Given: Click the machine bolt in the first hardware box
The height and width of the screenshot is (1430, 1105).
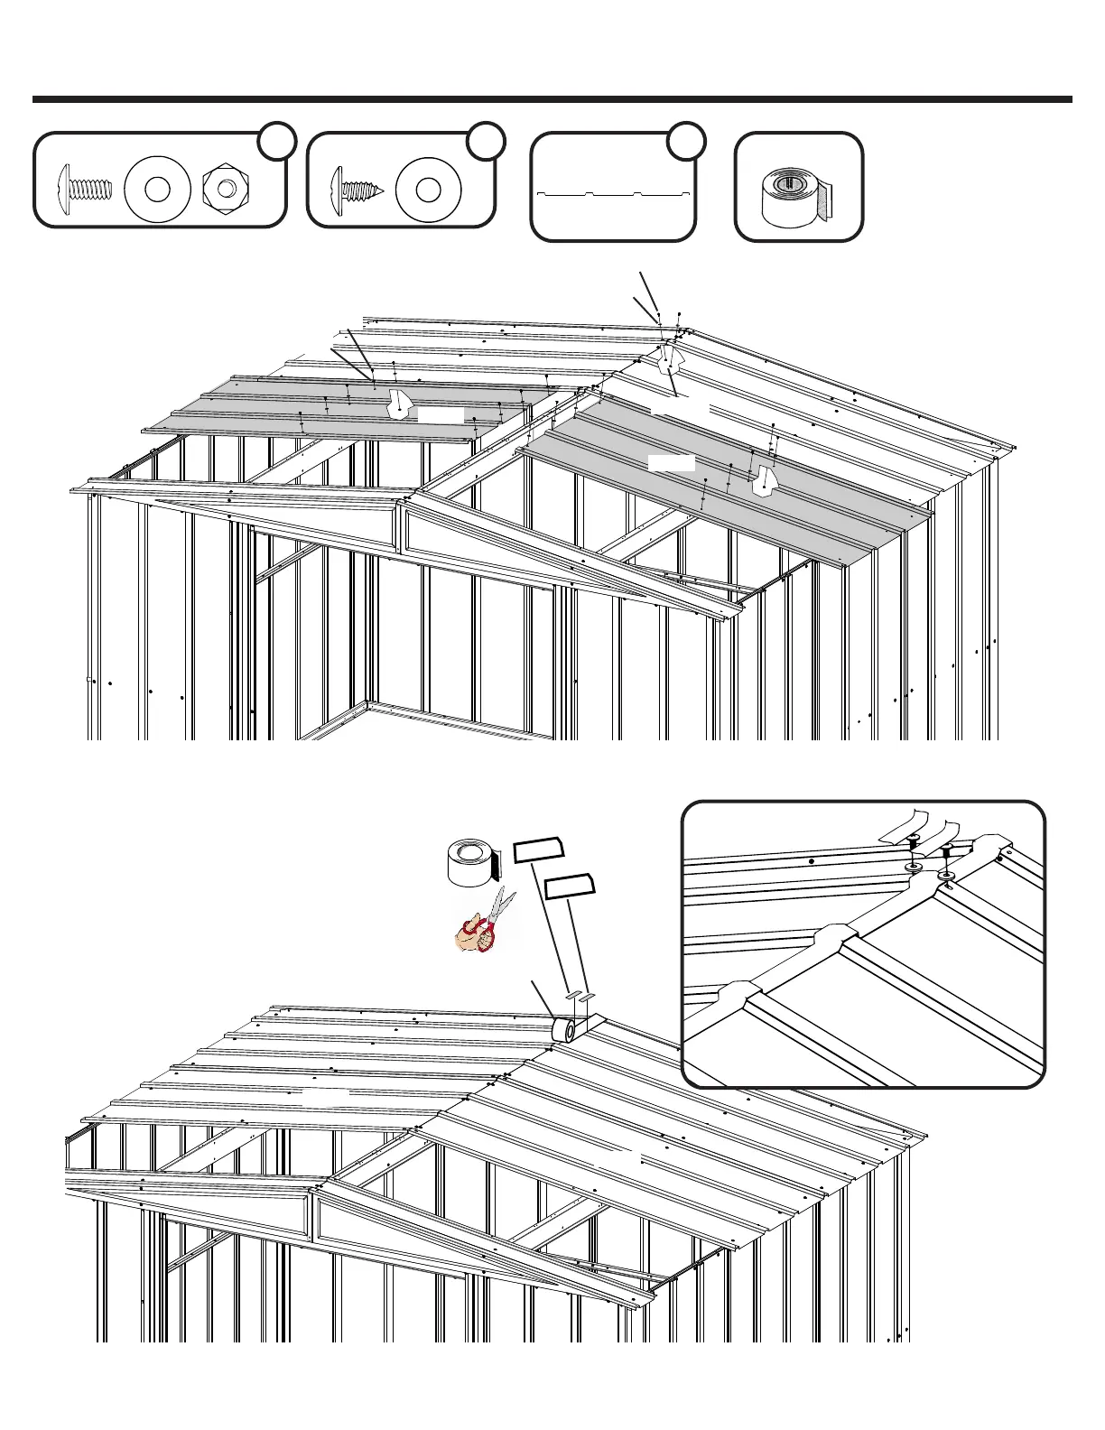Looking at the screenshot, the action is coord(85,189).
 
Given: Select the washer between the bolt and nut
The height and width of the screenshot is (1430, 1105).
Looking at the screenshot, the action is coord(157,189).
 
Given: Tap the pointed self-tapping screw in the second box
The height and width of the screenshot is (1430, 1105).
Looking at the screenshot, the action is coord(358,189).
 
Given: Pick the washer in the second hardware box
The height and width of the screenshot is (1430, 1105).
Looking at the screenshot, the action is coord(429,189).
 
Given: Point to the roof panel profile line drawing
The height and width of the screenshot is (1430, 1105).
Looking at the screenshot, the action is coord(614,193).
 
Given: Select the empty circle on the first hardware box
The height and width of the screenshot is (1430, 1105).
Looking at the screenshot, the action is coord(277,140).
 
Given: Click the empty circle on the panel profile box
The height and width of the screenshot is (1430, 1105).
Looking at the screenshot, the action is coord(687,140).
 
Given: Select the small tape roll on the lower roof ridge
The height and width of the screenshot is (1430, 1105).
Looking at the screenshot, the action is coord(565,1029).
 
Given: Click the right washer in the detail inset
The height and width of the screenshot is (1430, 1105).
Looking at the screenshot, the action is coord(948,876).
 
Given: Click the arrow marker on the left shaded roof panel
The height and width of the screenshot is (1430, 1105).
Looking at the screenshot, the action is coord(398,404).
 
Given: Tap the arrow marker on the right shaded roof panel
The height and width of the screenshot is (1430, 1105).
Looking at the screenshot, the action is coord(766,480).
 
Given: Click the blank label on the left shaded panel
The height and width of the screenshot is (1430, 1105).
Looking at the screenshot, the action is coord(441,415).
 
